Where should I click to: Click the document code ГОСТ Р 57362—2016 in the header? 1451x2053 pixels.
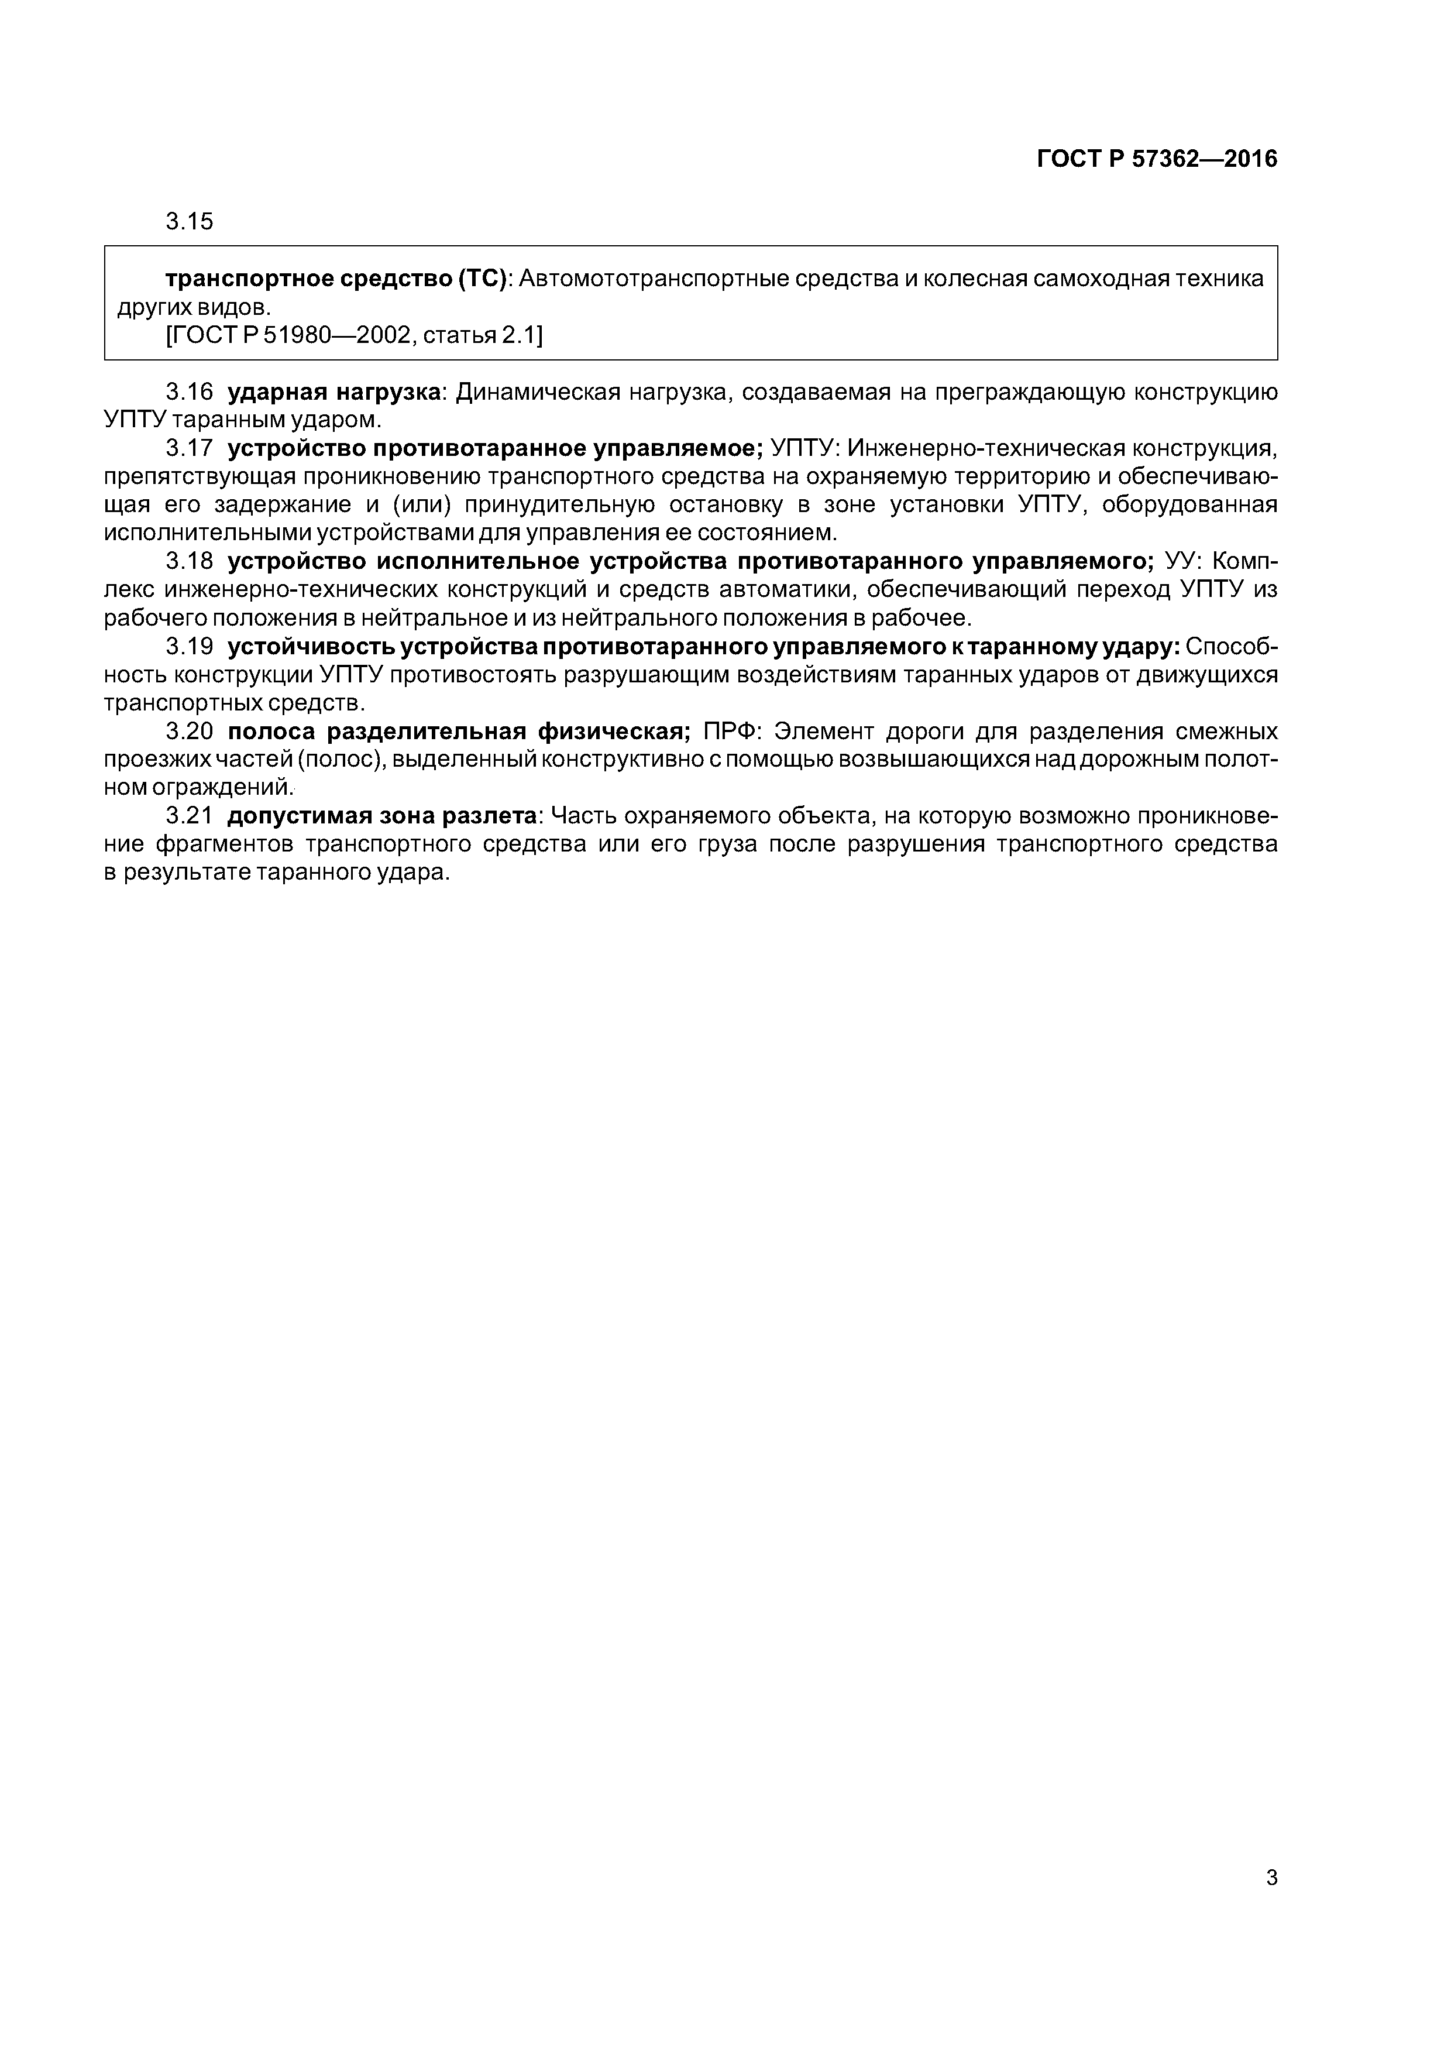pyautogui.click(x=1157, y=159)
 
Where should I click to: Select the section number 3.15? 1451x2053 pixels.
pyautogui.click(x=190, y=222)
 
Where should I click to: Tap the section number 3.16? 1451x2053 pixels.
pyautogui.click(x=190, y=392)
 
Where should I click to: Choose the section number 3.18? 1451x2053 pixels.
pyautogui.click(x=190, y=562)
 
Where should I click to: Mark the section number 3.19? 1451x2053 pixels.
pyautogui.click(x=190, y=647)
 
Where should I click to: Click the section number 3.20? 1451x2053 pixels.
pyautogui.click(x=190, y=732)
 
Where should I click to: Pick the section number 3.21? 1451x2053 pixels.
pyautogui.click(x=190, y=816)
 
